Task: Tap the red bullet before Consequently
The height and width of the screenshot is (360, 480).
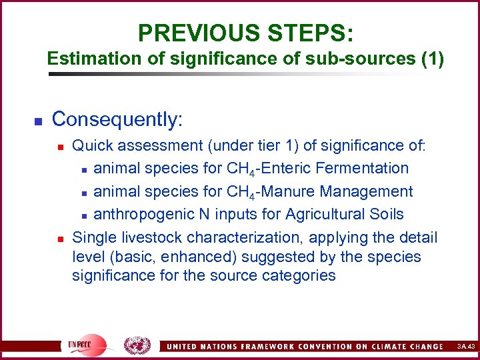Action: [x=39, y=121]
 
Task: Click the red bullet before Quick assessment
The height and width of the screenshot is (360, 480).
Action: [x=60, y=146]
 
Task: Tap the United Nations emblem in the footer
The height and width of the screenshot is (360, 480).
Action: [x=138, y=345]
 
